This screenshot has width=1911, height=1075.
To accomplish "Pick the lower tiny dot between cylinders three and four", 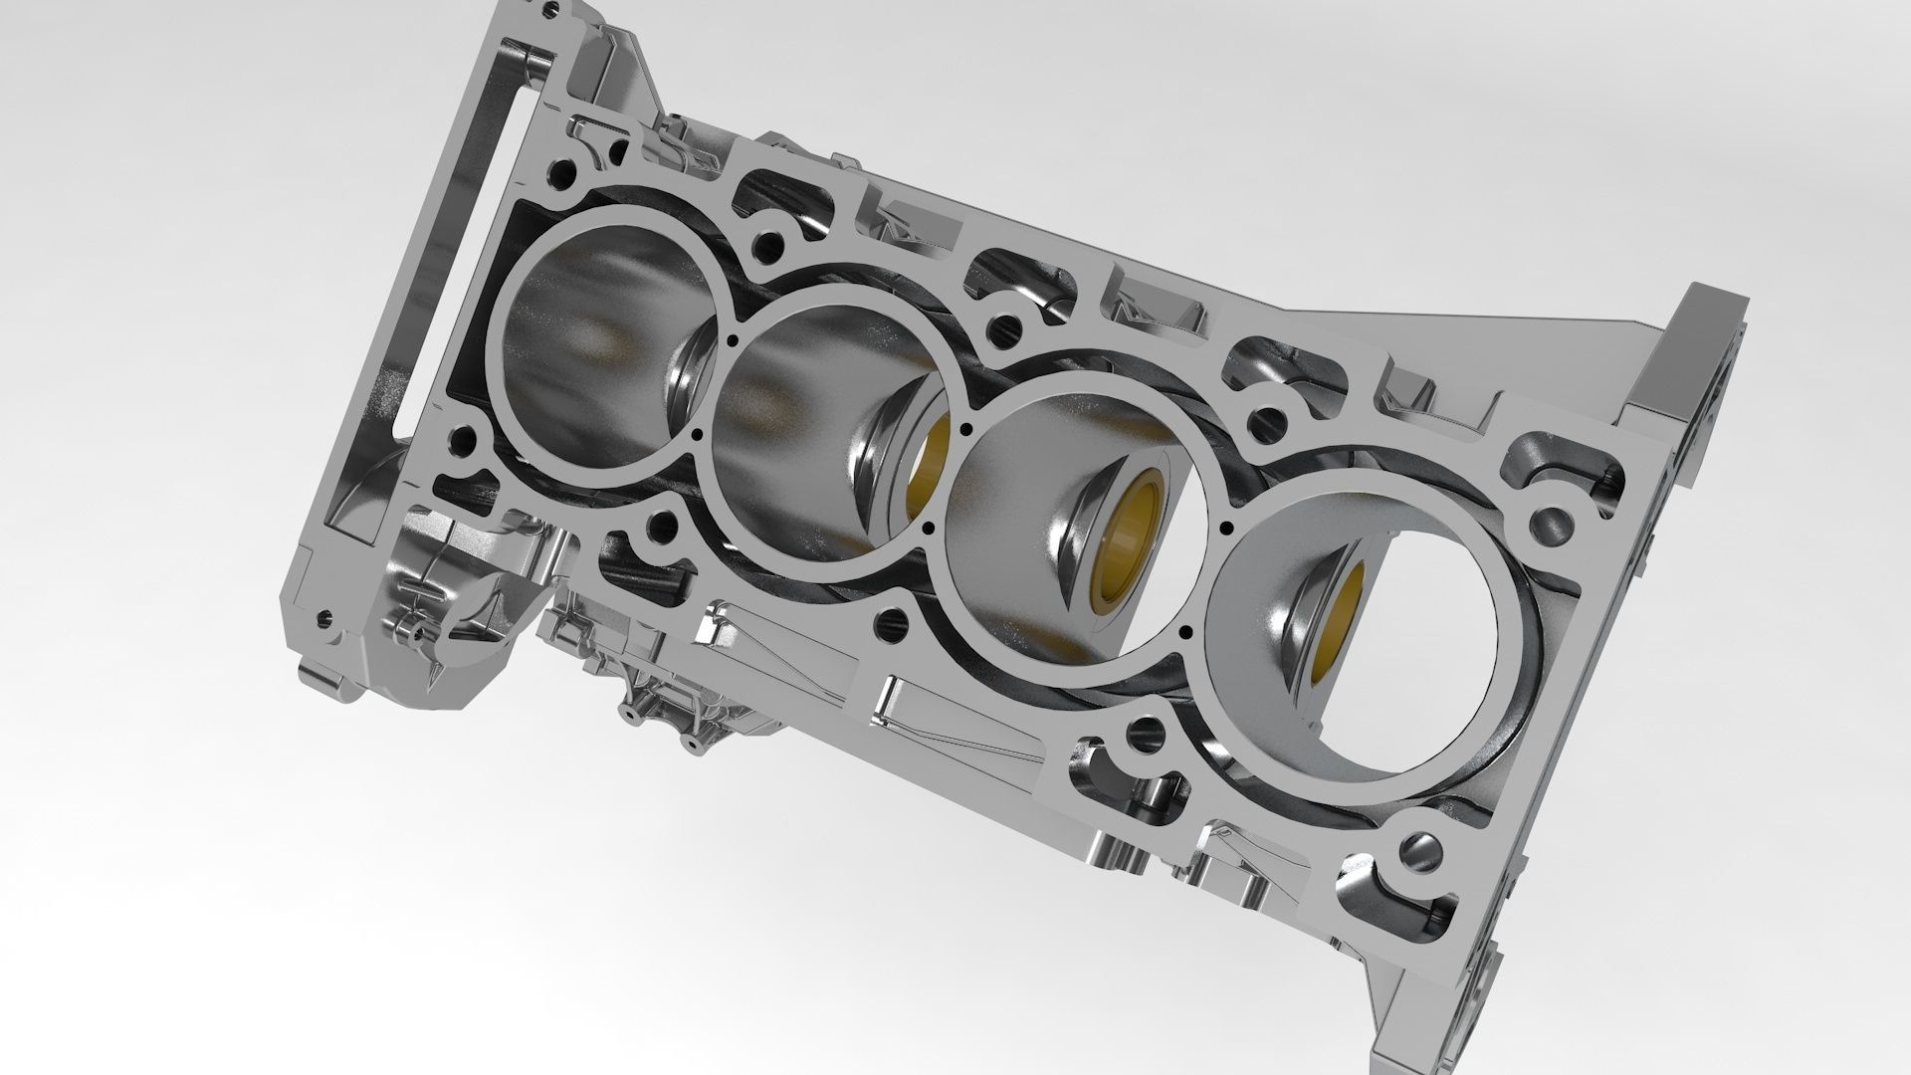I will tap(1183, 631).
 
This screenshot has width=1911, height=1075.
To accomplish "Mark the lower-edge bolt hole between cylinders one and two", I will tap(657, 522).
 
